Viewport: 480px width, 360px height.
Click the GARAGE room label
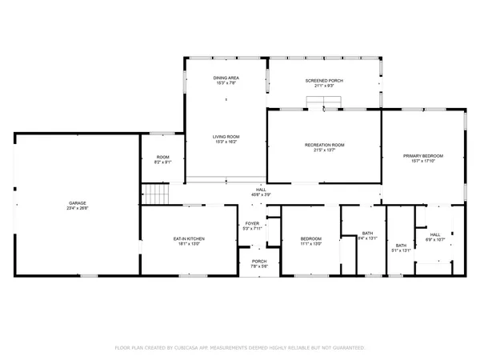coord(78,203)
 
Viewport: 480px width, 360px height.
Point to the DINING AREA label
coord(226,77)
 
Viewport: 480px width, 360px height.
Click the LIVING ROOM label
coord(226,137)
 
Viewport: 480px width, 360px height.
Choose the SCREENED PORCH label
coord(324,81)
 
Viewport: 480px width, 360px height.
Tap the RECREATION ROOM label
coord(324,144)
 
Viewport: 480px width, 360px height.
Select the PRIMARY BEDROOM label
coord(423,155)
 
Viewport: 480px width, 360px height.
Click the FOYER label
coord(252,224)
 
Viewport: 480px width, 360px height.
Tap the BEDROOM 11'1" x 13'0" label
coord(310,238)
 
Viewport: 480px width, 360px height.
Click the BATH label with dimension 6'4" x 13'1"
coord(367,233)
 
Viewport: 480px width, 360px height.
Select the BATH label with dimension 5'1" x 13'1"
coord(400,246)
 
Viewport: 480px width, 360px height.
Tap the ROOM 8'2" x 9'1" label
coord(162,157)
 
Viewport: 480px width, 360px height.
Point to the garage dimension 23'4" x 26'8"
coord(78,208)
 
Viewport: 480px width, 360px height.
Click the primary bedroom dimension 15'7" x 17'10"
coord(423,161)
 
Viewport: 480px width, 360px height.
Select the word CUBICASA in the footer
coord(194,348)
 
